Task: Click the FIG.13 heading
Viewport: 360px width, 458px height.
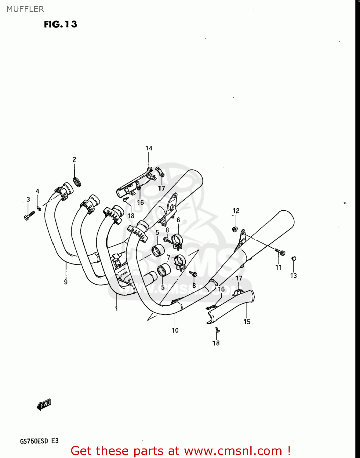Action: tap(60, 24)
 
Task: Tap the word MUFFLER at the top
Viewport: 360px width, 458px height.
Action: tap(25, 9)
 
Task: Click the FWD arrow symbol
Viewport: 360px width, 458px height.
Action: tap(44, 405)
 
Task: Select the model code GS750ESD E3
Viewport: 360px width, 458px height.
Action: tap(39, 441)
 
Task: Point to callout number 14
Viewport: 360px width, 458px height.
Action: tap(149, 148)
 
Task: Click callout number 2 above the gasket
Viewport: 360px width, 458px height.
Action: tap(74, 159)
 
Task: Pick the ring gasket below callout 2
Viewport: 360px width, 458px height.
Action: tap(77, 181)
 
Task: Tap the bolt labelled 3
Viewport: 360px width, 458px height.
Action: tap(29, 215)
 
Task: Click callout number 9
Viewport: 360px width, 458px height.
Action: tap(66, 282)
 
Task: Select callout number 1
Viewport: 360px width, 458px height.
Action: tap(116, 308)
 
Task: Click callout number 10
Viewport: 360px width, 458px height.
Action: tap(175, 330)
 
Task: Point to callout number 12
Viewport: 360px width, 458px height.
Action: tap(236, 211)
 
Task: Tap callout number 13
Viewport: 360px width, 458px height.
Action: tap(293, 275)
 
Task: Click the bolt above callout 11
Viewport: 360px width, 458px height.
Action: tap(280, 252)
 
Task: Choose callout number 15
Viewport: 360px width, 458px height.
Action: tap(247, 322)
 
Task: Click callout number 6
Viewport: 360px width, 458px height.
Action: tap(178, 220)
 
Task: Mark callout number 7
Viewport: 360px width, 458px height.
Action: tap(169, 257)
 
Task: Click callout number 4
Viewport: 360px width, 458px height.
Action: tap(38, 191)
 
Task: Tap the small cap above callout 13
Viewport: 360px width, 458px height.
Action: tap(294, 259)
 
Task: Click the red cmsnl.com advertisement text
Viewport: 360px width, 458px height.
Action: tap(180, 451)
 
